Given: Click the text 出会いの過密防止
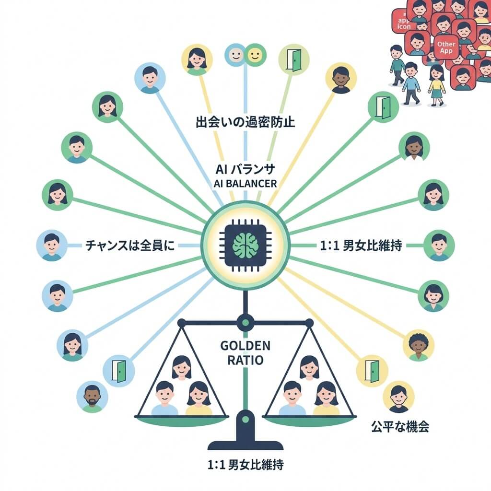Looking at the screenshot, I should click(x=245, y=122).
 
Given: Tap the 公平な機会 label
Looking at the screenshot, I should click(x=400, y=426).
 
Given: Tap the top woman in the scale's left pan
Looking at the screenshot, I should click(x=181, y=368).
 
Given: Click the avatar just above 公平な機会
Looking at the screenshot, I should click(x=398, y=397).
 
